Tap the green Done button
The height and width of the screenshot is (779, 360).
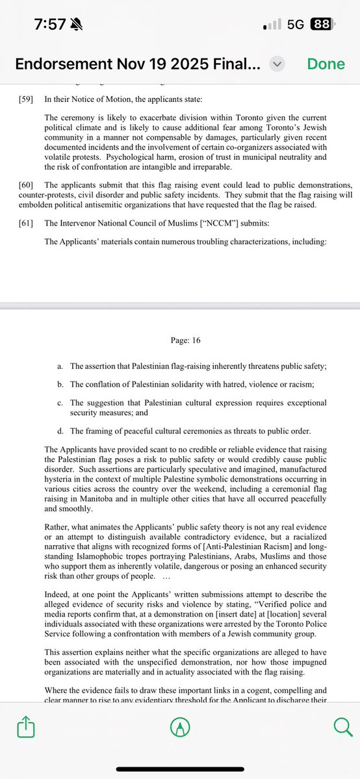[x=326, y=64]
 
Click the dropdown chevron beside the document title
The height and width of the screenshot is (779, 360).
[x=277, y=64]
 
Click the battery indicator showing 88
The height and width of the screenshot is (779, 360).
[x=321, y=25]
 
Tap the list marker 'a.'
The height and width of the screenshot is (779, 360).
[x=60, y=366]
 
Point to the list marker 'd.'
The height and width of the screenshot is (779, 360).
[x=60, y=431]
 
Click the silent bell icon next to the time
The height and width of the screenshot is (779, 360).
[x=81, y=24]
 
